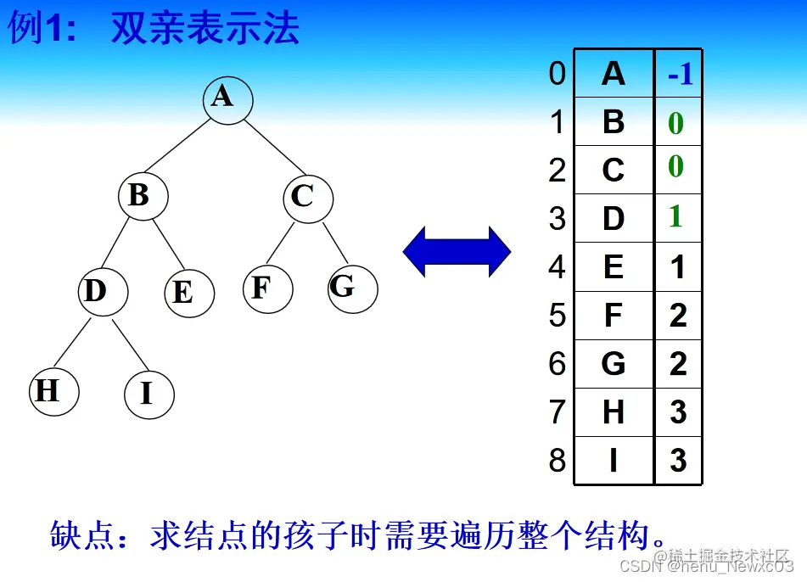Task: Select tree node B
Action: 143,196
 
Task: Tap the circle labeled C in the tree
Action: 307,198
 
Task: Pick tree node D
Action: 103,292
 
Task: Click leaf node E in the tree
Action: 189,293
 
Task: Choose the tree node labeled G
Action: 351,288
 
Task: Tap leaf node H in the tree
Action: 53,392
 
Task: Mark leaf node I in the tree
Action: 149,395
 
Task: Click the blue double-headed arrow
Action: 457,252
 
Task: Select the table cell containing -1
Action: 679,75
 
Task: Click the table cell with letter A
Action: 614,75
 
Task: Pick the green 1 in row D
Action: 676,217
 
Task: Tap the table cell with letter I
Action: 614,461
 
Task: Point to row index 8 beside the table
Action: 557,461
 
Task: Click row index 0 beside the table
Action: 557,74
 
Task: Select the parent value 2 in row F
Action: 678,316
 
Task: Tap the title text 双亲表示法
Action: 205,29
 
